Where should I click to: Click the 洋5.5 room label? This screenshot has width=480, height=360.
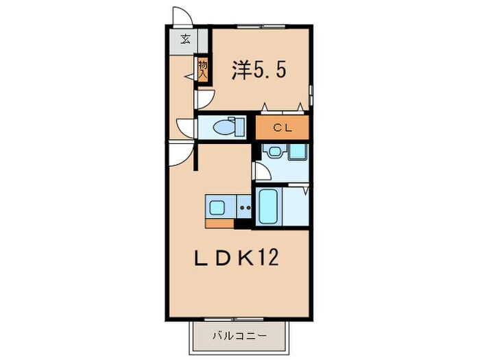[259, 70]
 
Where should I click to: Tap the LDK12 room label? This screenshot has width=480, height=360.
[237, 257]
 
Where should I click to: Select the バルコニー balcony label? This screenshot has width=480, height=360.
[239, 336]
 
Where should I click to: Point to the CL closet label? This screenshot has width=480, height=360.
[283, 128]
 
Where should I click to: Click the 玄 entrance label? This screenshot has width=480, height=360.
[185, 39]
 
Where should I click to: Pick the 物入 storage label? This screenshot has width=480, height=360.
[203, 70]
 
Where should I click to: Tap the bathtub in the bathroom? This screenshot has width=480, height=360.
[269, 206]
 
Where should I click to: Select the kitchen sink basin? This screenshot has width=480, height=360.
[217, 208]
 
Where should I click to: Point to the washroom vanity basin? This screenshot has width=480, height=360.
[275, 152]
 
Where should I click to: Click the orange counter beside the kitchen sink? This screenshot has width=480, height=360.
[219, 224]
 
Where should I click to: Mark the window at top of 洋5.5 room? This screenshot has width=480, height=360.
[261, 27]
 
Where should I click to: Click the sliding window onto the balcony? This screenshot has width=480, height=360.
[234, 320]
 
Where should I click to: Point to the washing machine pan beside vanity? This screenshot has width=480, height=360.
[298, 152]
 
